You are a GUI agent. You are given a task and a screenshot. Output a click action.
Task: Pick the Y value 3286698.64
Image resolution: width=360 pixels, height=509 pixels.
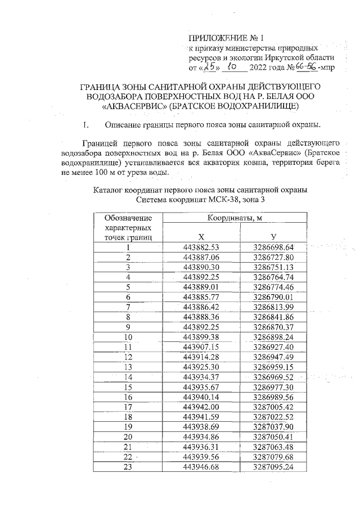pyautogui.click(x=273, y=247)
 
